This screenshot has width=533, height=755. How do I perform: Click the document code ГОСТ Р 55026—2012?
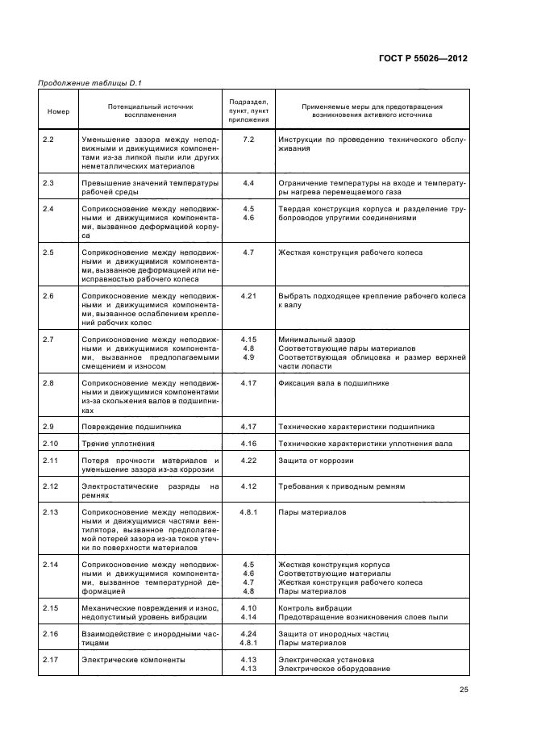tap(421, 59)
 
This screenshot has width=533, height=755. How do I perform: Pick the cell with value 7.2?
tap(248, 140)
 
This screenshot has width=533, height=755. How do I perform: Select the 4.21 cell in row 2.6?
tap(248, 296)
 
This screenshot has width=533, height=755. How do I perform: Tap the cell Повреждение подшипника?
tap(131, 426)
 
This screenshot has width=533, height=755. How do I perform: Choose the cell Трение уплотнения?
tap(117, 444)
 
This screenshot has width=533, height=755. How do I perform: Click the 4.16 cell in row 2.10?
tap(248, 444)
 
